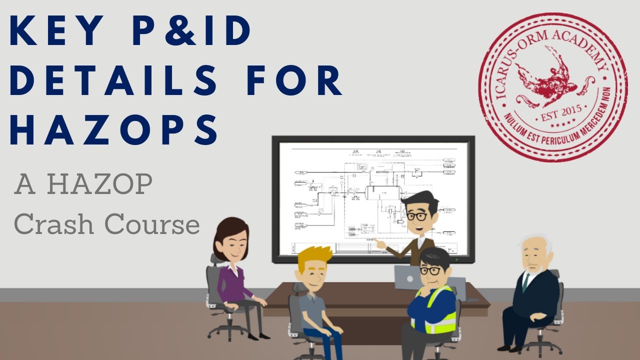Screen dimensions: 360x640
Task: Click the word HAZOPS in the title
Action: tap(114, 129)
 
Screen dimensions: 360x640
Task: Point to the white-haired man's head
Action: tap(534, 252)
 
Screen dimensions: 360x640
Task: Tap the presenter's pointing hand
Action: tap(379, 244)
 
